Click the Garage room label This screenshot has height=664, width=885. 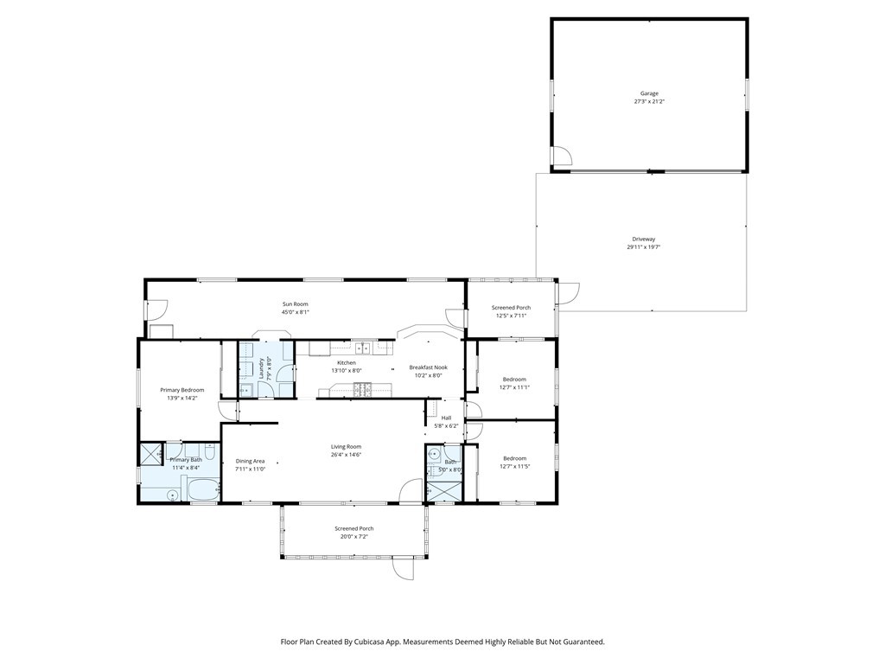(x=649, y=93)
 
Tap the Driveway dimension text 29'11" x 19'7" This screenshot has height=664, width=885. (x=649, y=246)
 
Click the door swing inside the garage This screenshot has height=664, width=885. (x=562, y=156)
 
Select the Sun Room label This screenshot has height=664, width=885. (x=295, y=304)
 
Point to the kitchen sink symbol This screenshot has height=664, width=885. (x=366, y=348)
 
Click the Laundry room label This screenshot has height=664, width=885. (x=261, y=368)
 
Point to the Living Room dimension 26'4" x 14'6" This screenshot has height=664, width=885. (x=346, y=454)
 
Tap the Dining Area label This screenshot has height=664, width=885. (x=250, y=461)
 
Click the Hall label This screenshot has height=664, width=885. (x=446, y=418)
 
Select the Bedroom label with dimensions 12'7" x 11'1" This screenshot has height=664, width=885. (x=515, y=380)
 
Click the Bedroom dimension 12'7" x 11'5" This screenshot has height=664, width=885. (x=515, y=467)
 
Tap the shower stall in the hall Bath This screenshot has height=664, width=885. (x=443, y=491)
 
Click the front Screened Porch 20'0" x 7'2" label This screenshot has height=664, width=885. (x=354, y=528)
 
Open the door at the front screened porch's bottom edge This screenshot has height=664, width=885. (x=403, y=568)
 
